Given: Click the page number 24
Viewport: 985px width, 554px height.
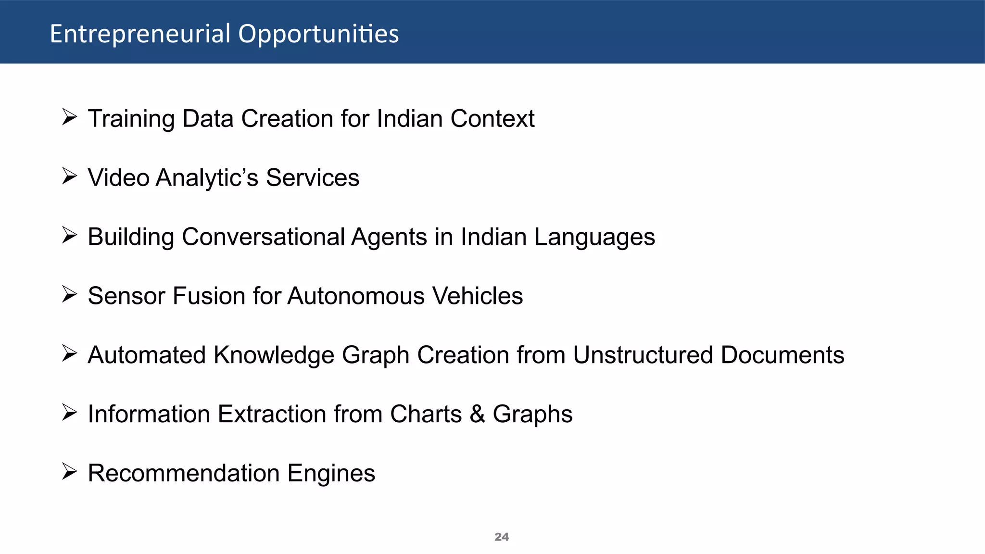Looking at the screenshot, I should click(501, 537).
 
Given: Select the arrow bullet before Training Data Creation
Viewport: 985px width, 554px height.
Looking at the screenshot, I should click(69, 117).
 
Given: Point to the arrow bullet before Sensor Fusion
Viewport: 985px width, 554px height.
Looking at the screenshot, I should click(69, 294).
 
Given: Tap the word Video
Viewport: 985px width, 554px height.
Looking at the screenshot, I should click(118, 178).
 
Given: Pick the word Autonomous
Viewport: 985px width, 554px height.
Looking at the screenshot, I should click(356, 296).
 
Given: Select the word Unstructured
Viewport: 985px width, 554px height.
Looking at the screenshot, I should click(643, 355).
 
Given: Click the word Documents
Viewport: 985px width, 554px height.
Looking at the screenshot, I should click(783, 355).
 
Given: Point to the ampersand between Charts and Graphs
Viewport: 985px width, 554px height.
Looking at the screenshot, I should click(477, 415).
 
